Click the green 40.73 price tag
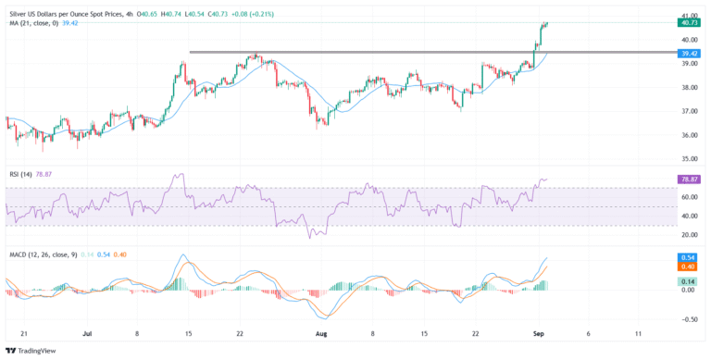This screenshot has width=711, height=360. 688,23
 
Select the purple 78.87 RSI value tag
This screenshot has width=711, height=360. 688,179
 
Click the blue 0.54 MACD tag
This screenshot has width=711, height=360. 688,256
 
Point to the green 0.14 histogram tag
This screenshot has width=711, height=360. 688,280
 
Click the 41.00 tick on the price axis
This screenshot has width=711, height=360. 688,16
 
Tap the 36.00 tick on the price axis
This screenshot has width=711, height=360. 688,135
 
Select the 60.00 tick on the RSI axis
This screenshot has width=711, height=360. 688,197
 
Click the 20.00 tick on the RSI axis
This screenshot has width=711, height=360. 688,235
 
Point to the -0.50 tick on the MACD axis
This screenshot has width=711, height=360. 688,319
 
